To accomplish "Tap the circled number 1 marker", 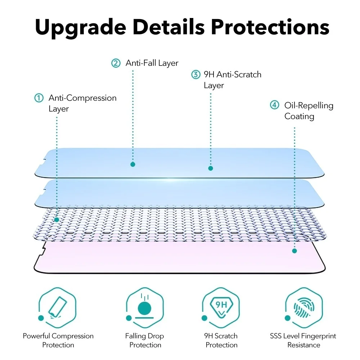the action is coord(39,98).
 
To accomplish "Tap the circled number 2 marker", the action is coord(116,63).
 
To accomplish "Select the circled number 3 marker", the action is coord(195,75).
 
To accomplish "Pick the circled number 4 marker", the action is coord(275,105).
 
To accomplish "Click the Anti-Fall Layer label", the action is coord(152,63).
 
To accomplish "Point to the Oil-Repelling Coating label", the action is coord(309,111).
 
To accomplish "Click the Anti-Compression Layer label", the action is coord(82,103).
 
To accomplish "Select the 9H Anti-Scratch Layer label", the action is coord(232,80).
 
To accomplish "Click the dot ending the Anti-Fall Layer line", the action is coord(133,164).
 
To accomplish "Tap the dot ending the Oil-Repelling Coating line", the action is coord(294,251).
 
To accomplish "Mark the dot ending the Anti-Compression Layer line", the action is coord(57,220).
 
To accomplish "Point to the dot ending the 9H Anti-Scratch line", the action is coord(211,168).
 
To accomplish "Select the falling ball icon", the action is coord(144,307).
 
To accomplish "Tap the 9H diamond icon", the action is coord(221,306).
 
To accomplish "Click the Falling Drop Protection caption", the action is coord(144,340).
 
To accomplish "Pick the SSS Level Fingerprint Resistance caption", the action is coord(303,340).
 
